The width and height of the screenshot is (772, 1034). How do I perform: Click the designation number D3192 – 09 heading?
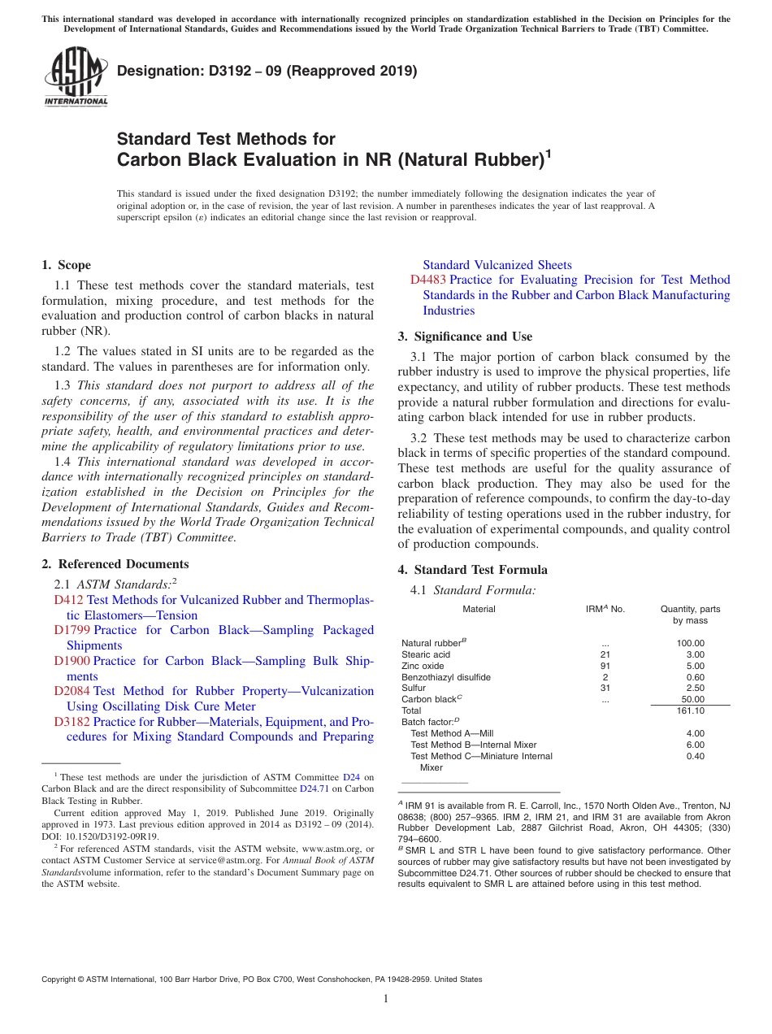tap(267, 71)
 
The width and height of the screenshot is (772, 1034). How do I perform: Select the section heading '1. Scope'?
tap(66, 265)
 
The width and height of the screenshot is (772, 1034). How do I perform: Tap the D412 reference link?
tap(68, 600)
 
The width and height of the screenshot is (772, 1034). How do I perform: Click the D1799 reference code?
tap(72, 630)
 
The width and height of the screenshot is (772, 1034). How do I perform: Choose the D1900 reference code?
tap(72, 661)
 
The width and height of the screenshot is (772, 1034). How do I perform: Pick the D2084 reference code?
tap(72, 691)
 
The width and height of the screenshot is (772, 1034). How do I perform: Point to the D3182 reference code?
tap(72, 722)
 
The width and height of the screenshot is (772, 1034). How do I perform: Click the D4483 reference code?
tap(428, 280)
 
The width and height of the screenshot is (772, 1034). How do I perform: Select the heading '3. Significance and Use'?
tap(465, 337)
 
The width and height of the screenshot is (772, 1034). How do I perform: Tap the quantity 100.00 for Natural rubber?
tap(690, 643)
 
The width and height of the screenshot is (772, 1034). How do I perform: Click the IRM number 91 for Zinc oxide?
tap(605, 666)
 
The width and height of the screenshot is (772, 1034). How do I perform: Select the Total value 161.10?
tap(690, 710)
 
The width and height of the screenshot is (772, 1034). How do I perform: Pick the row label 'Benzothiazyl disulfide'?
tap(446, 677)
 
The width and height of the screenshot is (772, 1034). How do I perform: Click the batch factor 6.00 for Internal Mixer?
tap(695, 745)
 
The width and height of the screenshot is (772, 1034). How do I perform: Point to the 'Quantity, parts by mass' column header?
tap(690, 615)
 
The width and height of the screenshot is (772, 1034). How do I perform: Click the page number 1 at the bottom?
tap(386, 999)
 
